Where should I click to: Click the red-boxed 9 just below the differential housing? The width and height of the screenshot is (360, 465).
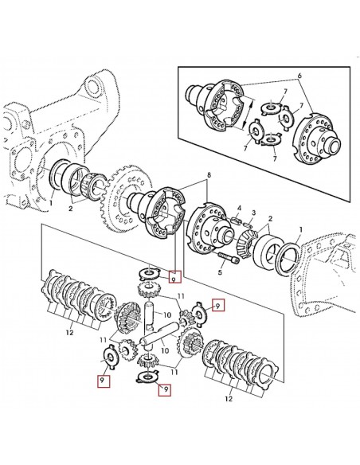coord(176,279)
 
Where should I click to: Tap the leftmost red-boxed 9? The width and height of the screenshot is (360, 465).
coord(101,381)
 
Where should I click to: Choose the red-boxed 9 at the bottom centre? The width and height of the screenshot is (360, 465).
coord(165,389)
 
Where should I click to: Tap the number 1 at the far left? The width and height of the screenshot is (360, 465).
coord(51,202)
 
